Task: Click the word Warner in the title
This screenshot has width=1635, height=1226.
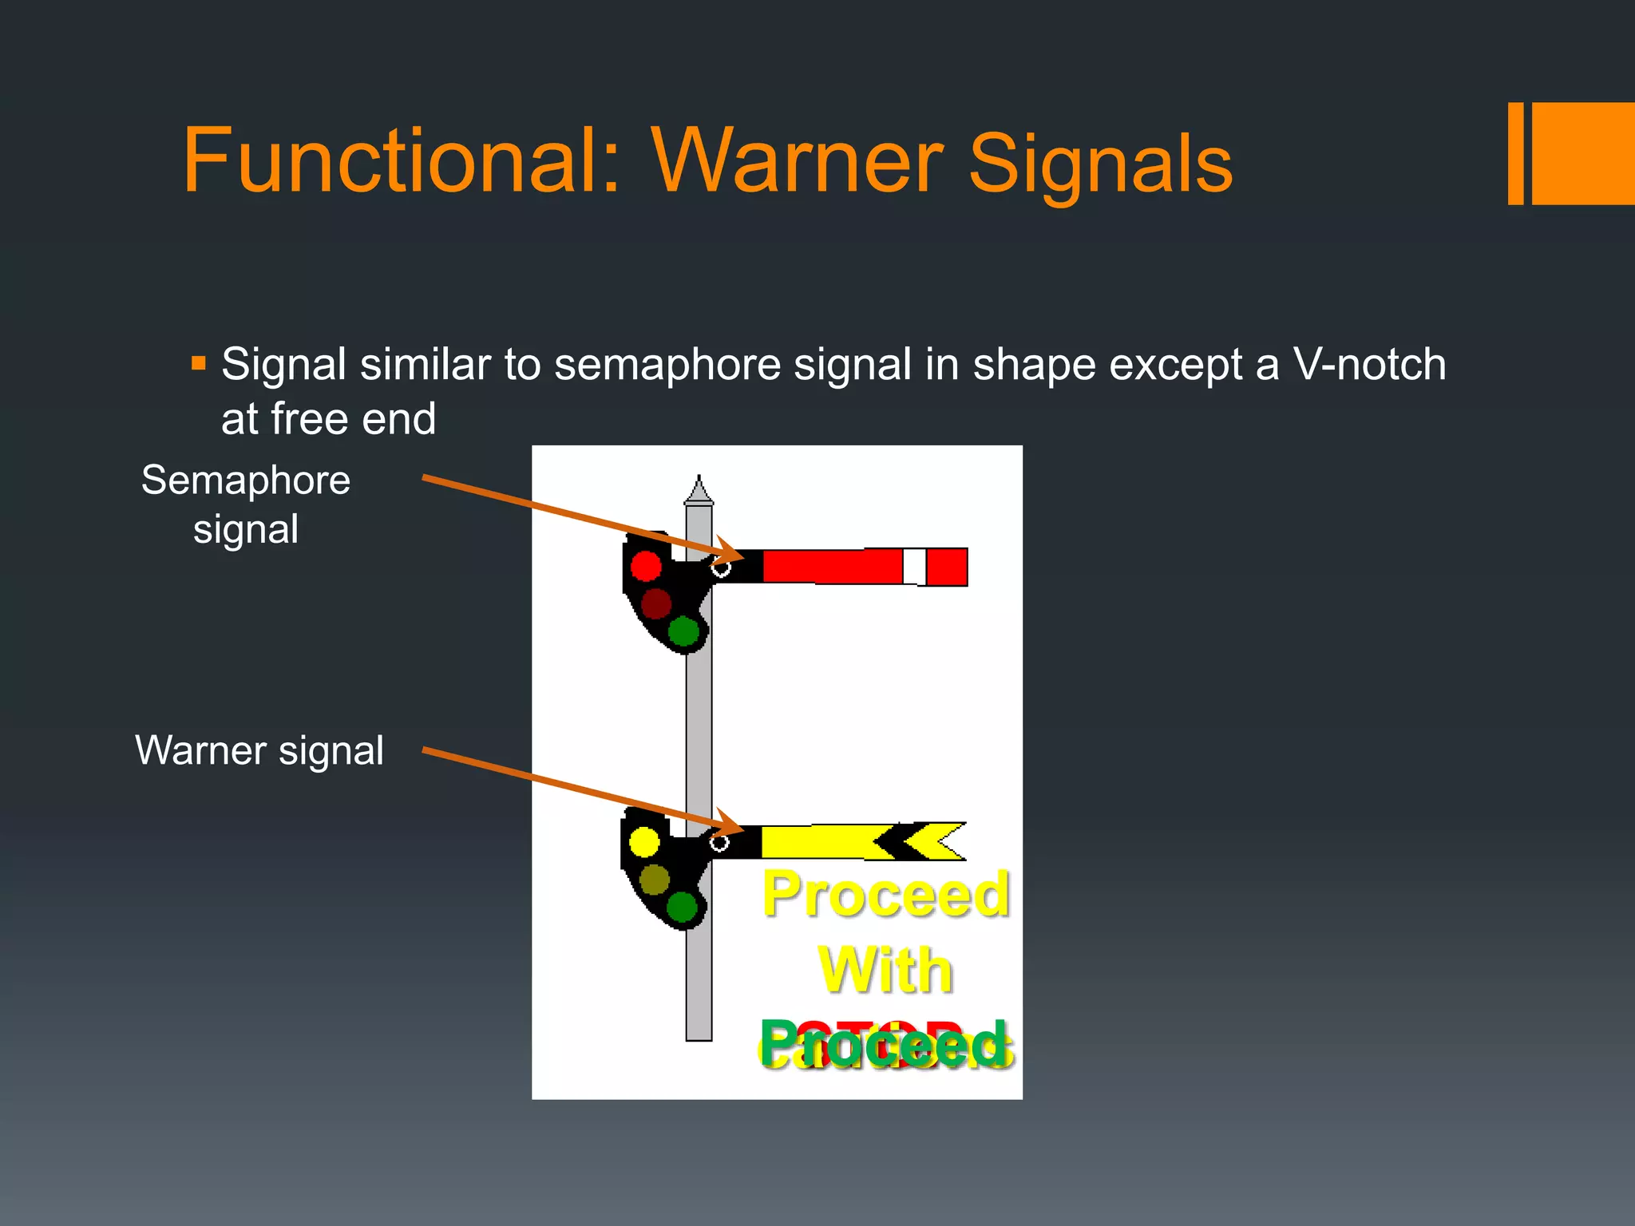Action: click(798, 161)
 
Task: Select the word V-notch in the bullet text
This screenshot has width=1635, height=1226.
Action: click(1369, 365)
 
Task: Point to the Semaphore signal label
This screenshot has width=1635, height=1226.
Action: click(246, 504)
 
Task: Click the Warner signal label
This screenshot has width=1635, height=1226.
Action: click(259, 750)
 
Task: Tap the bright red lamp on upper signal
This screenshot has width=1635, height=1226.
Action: click(646, 566)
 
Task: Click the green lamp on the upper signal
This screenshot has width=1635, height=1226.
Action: click(683, 631)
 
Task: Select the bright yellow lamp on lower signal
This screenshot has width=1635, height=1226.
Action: click(644, 841)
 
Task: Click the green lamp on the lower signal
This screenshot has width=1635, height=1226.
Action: click(682, 907)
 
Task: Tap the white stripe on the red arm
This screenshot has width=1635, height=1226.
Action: click(914, 567)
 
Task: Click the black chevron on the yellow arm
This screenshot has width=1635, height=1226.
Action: click(898, 841)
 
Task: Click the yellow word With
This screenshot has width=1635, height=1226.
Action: click(885, 971)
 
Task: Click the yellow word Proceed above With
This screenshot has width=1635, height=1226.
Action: click(885, 895)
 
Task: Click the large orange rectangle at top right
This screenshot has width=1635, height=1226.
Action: click(1583, 153)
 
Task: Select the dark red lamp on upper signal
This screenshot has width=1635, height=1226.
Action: click(656, 604)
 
